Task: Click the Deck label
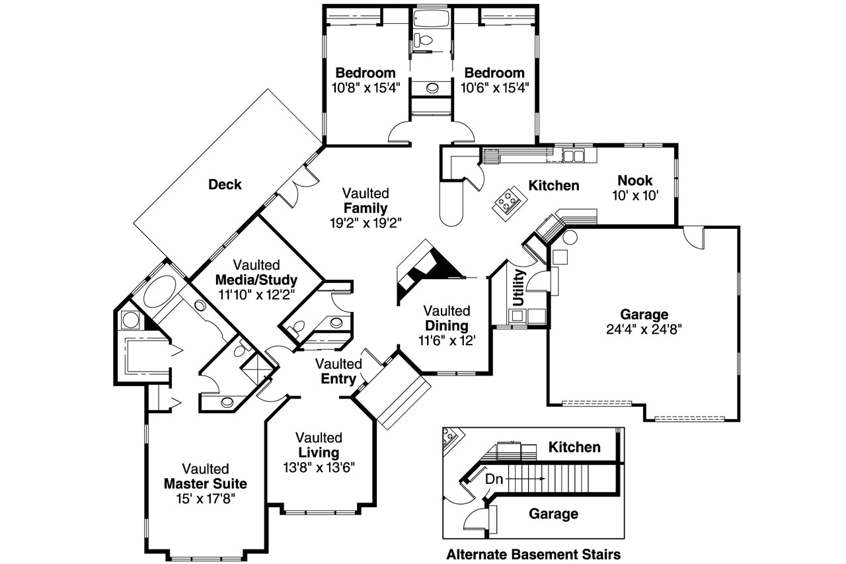pyautogui.click(x=225, y=184)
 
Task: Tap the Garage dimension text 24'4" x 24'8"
pyautogui.click(x=644, y=329)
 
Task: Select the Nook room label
pyautogui.click(x=634, y=180)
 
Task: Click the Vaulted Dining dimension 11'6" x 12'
pyautogui.click(x=446, y=340)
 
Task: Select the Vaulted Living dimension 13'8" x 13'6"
pyautogui.click(x=319, y=467)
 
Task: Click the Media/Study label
pyautogui.click(x=256, y=278)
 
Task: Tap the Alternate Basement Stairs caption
pyautogui.click(x=533, y=553)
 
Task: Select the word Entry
pyautogui.click(x=338, y=379)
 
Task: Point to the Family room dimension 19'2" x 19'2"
pyautogui.click(x=365, y=223)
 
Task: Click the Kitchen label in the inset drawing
pyautogui.click(x=574, y=448)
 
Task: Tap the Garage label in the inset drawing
pyautogui.click(x=553, y=514)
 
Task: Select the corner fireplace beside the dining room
pyautogui.click(x=423, y=268)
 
